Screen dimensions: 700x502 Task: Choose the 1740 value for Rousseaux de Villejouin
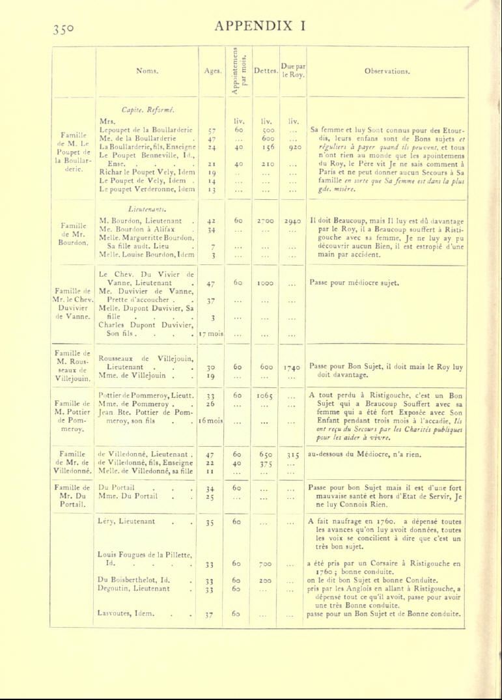pyautogui.click(x=292, y=367)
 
